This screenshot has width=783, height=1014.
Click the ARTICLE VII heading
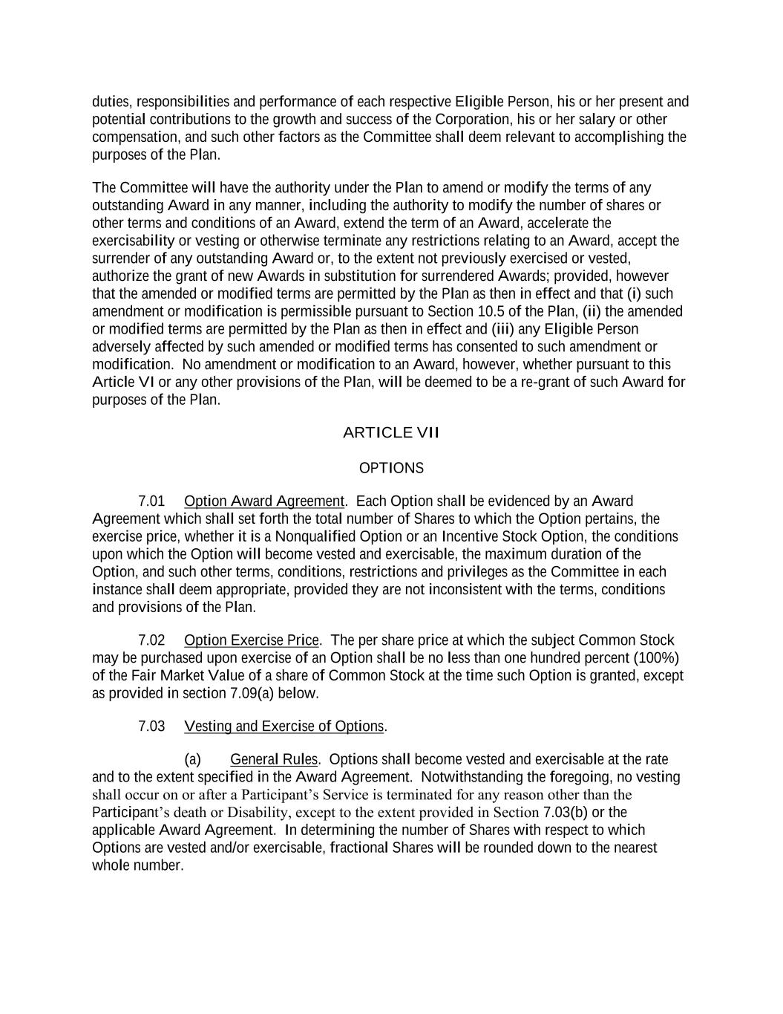[x=391, y=432]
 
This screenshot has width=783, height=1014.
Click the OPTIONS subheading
[x=391, y=468]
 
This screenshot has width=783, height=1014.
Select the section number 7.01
[x=151, y=501]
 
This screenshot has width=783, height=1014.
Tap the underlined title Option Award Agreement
[x=264, y=501]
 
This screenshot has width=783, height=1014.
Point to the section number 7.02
[x=151, y=640]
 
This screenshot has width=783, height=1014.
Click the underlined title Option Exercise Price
[x=252, y=640]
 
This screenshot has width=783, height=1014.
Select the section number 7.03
[x=151, y=727]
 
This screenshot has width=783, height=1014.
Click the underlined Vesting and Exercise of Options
[x=284, y=727]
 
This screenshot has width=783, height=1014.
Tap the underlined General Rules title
[x=274, y=759]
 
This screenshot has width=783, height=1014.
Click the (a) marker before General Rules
[x=192, y=759]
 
